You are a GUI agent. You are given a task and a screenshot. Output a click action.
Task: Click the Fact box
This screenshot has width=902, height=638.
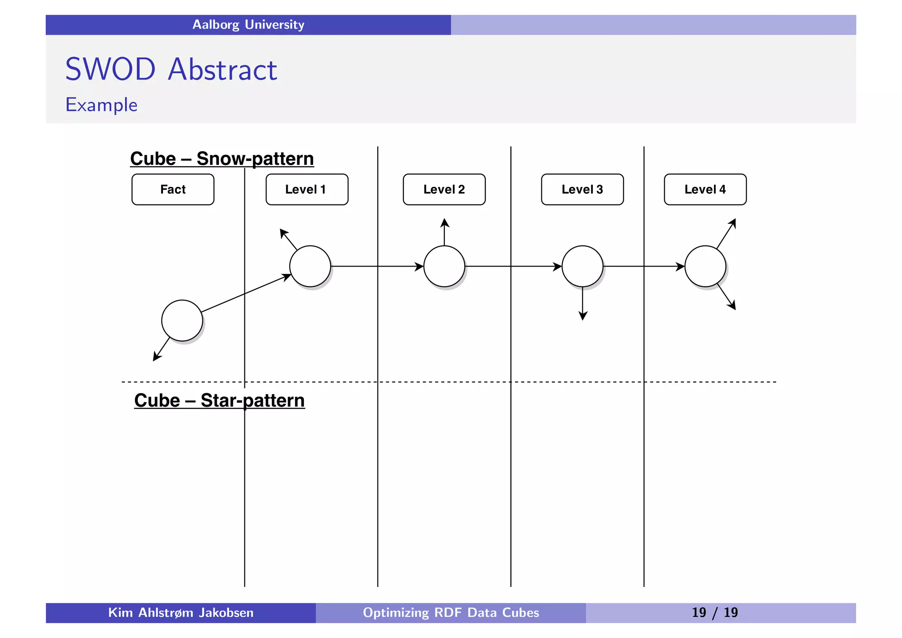(173, 189)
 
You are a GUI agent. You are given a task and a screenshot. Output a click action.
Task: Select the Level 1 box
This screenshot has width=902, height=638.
(307, 189)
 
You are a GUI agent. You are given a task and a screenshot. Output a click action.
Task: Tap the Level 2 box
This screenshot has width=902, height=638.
(444, 189)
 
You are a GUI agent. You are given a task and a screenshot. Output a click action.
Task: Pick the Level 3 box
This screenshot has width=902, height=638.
(582, 189)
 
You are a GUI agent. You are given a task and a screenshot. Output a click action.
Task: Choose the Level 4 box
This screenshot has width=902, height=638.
(705, 189)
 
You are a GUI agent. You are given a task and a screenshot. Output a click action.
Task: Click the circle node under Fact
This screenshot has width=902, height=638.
(182, 320)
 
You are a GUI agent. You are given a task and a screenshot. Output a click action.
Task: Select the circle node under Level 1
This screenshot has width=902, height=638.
(310, 266)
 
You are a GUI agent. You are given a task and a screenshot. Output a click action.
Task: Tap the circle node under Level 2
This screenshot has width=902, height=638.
(444, 266)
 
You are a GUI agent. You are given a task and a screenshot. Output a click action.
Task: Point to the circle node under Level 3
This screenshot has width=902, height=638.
(582, 266)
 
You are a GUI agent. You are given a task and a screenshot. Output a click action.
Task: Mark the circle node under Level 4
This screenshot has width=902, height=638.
(705, 266)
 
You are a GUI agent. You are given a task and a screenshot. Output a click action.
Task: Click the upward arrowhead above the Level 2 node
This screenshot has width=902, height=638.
(445, 222)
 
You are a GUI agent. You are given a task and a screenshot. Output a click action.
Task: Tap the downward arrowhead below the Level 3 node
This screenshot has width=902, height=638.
(583, 316)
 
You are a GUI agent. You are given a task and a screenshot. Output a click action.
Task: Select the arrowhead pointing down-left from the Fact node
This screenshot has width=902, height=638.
(156, 357)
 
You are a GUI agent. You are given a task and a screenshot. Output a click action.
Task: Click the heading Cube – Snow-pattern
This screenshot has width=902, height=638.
(222, 159)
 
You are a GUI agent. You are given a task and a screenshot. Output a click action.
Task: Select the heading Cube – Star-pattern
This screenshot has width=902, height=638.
(219, 401)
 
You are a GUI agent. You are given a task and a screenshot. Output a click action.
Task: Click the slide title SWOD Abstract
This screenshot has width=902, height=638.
(171, 70)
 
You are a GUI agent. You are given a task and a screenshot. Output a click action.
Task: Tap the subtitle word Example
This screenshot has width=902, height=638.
(101, 105)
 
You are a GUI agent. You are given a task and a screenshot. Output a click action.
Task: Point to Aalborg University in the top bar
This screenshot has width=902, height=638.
(248, 25)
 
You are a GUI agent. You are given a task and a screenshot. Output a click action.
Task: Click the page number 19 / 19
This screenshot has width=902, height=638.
(714, 612)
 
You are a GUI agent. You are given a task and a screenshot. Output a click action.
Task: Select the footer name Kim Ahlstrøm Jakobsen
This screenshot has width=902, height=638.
(181, 612)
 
